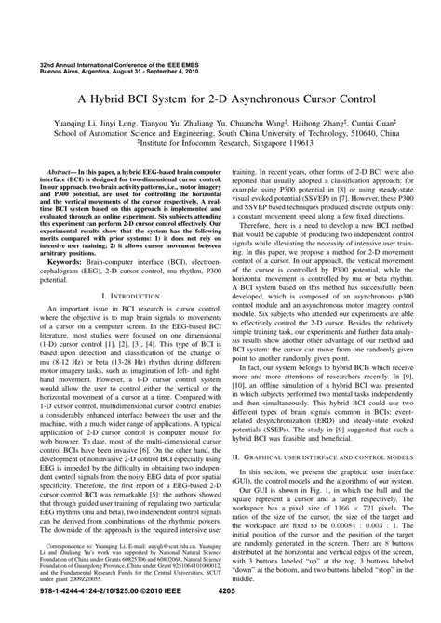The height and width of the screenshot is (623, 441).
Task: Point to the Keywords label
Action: [x=67, y=237]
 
